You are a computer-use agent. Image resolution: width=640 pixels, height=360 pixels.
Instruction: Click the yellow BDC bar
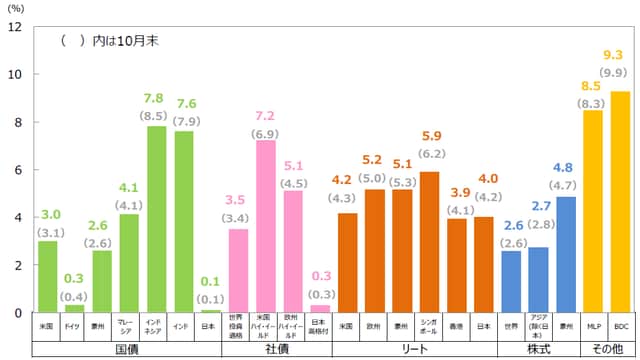coord(620,202)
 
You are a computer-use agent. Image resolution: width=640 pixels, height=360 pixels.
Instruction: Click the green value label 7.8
coord(156,98)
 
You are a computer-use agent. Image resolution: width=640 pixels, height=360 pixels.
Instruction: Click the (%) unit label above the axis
coord(16,7)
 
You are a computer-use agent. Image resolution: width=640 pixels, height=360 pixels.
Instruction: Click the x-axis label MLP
coord(593,326)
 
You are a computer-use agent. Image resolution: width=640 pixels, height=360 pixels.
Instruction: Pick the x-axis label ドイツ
coord(74,326)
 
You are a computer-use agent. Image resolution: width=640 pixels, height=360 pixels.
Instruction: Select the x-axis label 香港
coord(456,326)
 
